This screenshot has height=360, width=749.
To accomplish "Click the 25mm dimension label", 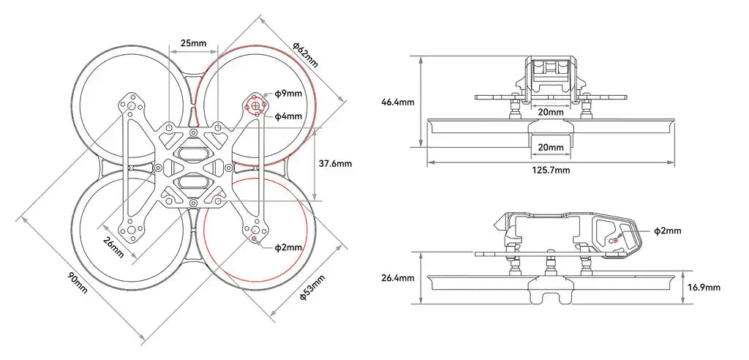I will [x=193, y=44].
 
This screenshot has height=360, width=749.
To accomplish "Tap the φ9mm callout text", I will [x=288, y=94].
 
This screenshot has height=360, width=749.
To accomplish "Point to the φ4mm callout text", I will [x=288, y=116].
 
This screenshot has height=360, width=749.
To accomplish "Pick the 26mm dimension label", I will [x=113, y=244].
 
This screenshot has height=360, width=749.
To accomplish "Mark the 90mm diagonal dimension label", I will [x=77, y=282].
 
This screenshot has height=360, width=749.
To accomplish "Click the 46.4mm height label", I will [x=399, y=102].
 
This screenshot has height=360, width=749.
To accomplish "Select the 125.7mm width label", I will [x=550, y=170].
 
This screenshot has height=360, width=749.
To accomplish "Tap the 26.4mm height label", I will [x=399, y=278].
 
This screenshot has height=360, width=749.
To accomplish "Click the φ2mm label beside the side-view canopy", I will [x=666, y=231].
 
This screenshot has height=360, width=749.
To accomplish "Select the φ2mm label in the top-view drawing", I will [x=288, y=247].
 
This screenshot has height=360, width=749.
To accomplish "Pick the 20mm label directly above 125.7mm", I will [x=550, y=148].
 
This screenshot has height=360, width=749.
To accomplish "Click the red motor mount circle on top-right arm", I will [x=255, y=107].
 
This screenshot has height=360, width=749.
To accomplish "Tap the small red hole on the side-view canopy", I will [x=614, y=240].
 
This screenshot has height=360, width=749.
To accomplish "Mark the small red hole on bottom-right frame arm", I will [x=254, y=239].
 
